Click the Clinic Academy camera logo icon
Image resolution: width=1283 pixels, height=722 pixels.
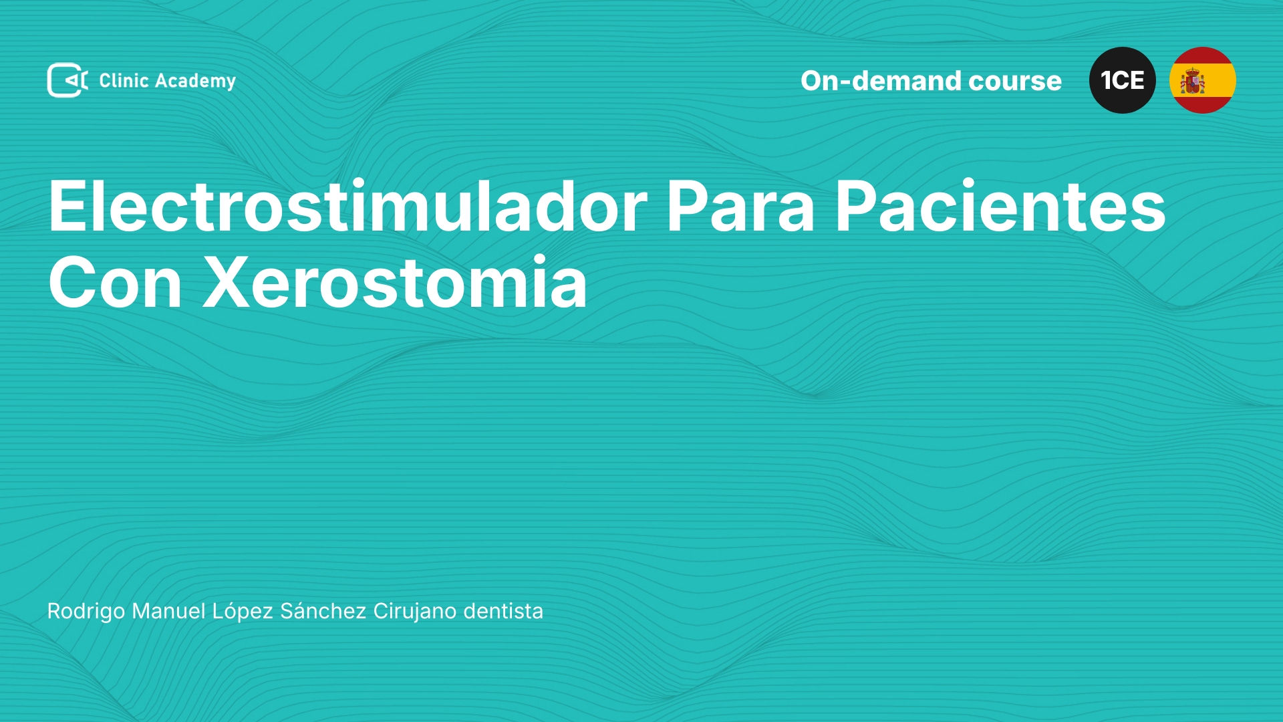tap(67, 80)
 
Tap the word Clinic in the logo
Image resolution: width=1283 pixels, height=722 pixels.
tap(124, 80)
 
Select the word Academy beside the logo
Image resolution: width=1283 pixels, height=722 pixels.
tap(195, 82)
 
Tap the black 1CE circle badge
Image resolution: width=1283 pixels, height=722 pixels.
tap(1123, 80)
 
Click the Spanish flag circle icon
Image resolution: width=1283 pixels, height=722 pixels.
tap(1203, 80)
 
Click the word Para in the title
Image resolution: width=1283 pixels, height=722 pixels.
tap(740, 207)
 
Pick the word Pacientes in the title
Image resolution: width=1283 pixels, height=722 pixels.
tap(1000, 207)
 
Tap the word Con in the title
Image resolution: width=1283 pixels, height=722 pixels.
tap(115, 282)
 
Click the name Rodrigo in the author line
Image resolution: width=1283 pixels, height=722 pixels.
tap(86, 611)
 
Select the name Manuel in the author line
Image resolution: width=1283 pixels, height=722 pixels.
tap(168, 611)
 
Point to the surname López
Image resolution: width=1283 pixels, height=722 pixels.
tap(243, 611)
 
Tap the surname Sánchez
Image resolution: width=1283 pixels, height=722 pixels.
tap(323, 610)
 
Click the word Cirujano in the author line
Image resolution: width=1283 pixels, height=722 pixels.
tap(415, 612)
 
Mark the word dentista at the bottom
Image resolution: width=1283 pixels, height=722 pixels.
tap(503, 611)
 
